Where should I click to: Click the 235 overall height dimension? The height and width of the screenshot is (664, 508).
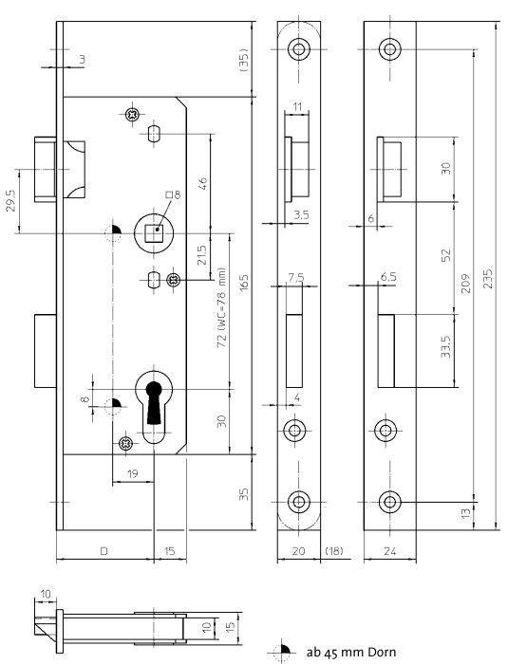click(x=488, y=278)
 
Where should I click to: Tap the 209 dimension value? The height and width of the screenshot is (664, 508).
click(x=465, y=284)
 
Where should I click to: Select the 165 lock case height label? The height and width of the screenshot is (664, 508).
click(x=244, y=283)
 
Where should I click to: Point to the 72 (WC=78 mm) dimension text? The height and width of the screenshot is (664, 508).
click(x=221, y=307)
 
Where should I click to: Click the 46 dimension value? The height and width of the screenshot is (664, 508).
click(x=203, y=183)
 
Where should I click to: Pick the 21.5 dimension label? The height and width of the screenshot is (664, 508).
click(x=202, y=255)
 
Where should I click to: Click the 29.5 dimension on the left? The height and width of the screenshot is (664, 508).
click(x=12, y=200)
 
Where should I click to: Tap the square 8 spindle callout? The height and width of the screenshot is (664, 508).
click(x=173, y=194)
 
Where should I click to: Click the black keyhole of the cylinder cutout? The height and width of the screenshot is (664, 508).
click(x=154, y=402)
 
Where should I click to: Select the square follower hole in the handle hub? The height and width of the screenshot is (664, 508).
click(x=153, y=233)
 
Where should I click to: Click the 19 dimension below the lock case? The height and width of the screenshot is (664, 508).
click(x=133, y=473)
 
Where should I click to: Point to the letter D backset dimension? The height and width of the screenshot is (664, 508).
click(x=103, y=551)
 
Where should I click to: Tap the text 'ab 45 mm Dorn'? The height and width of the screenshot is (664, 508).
click(x=351, y=653)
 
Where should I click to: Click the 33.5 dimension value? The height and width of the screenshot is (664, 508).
click(x=445, y=346)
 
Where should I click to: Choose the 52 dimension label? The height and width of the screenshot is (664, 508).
click(x=446, y=254)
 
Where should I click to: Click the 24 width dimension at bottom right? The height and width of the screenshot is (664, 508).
click(x=389, y=551)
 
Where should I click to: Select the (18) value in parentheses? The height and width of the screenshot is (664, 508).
click(x=333, y=551)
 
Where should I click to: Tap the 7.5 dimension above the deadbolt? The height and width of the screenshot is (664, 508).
click(x=296, y=278)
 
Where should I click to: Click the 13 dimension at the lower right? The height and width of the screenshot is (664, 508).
click(x=465, y=514)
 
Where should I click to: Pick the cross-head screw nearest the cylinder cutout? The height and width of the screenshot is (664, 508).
click(x=126, y=443)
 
